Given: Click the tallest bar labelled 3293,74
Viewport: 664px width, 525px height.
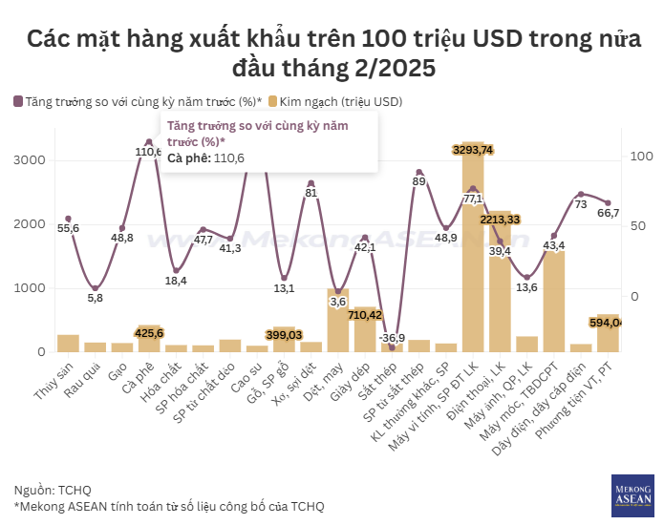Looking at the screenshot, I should [473, 248].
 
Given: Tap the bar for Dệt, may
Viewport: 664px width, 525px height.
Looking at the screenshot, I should [337, 321].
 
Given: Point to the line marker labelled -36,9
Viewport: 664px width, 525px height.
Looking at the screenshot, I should [392, 346].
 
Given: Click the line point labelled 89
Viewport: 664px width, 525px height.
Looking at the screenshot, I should [418, 173].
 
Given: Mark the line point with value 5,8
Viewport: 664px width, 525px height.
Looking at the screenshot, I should [95, 287].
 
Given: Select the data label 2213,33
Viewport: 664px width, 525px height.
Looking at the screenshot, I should [500, 220].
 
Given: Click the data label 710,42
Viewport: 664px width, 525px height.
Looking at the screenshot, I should [365, 314].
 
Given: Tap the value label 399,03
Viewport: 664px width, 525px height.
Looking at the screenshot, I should [284, 334].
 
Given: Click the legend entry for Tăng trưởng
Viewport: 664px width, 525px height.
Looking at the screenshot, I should [137, 100].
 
